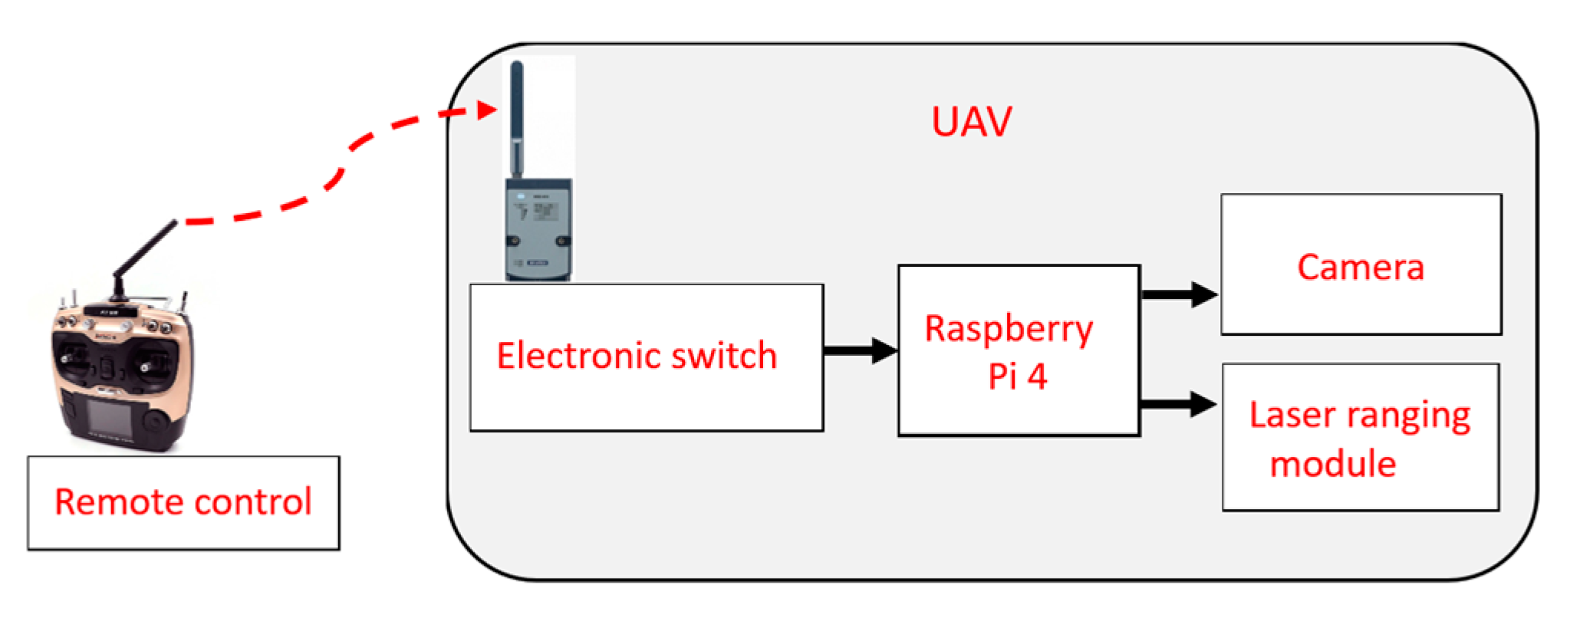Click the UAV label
click(x=971, y=122)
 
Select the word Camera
click(x=1360, y=268)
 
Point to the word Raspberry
click(x=1009, y=330)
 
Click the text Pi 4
click(x=1017, y=377)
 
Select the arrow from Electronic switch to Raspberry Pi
click(x=860, y=350)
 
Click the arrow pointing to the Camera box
click(x=1180, y=294)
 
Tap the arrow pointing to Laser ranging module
click(x=1180, y=403)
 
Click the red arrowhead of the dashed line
click(x=487, y=110)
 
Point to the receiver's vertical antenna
click(x=517, y=115)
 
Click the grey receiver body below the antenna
click(x=538, y=228)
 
